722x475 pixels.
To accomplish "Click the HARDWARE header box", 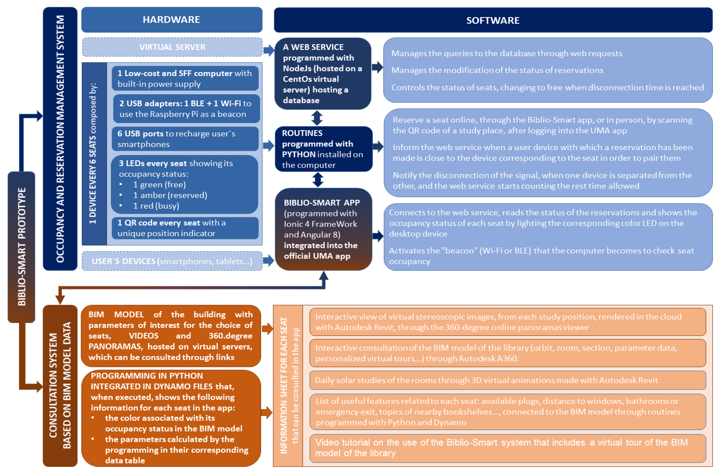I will tap(172, 20).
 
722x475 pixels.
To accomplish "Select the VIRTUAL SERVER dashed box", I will tap(172, 47).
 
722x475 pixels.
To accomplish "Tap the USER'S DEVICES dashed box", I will tap(172, 261).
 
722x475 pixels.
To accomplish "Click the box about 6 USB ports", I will tap(185, 139).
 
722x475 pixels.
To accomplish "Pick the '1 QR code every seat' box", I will tap(185, 228).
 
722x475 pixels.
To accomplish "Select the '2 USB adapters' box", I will tap(186, 109).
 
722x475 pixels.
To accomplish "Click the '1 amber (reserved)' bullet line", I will tap(170, 195).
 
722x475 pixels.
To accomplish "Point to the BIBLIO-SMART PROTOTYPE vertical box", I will tap(21, 246).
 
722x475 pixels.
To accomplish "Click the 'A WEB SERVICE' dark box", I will tap(323, 73).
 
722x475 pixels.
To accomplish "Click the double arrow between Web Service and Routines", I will tap(317, 118).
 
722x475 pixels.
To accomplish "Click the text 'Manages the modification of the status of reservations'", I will tap(497, 70).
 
